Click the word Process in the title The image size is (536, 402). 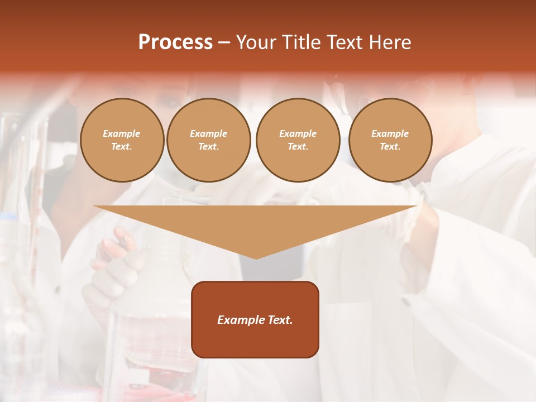[175, 42]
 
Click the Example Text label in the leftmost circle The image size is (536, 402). [122, 140]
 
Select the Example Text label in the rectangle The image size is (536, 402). [255, 320]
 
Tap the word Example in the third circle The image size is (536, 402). [298, 134]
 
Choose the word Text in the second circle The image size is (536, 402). [209, 147]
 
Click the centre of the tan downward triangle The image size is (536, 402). [256, 223]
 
